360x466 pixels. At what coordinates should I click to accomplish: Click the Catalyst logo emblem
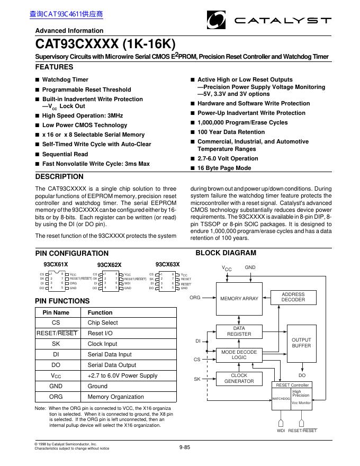[216, 21]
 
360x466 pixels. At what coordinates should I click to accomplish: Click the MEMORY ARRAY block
[239, 299]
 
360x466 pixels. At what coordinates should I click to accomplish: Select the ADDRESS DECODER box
[293, 297]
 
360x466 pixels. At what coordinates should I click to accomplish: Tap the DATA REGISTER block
[239, 331]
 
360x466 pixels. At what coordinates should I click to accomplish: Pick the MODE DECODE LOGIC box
[239, 355]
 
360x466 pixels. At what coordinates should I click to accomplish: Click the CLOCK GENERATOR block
[239, 378]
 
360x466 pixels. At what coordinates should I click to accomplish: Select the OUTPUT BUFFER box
[301, 343]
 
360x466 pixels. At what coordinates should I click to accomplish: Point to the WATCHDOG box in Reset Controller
[281, 398]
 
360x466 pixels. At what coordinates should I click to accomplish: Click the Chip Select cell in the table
[103, 322]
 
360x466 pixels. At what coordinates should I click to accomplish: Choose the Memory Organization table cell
[115, 397]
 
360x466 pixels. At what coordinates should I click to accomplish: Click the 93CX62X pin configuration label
[109, 265]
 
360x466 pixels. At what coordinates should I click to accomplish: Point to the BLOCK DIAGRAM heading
[226, 253]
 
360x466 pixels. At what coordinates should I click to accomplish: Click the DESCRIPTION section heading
[59, 177]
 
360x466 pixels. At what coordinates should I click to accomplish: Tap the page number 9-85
[184, 447]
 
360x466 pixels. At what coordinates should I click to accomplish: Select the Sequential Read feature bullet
[65, 154]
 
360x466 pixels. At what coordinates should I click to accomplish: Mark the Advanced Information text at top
[69, 31]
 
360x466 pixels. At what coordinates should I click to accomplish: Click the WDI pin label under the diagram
[281, 431]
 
